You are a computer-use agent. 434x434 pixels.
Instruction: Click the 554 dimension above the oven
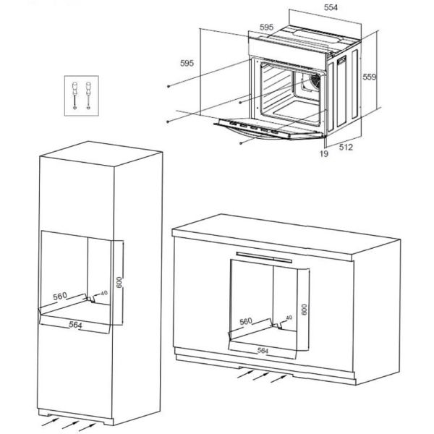331,7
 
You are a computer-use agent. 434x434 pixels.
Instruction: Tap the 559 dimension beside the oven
370,77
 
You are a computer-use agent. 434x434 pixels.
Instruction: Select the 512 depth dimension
346,147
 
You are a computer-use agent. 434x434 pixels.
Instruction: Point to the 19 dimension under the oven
324,153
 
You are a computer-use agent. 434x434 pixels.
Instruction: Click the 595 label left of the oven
187,63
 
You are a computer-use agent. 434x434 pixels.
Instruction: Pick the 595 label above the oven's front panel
266,27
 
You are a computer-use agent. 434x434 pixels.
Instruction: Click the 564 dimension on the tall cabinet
75,325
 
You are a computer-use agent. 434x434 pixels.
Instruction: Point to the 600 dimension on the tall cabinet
119,282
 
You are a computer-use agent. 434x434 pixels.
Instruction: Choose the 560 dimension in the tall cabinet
60,296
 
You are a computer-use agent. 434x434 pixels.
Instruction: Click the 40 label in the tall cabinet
104,293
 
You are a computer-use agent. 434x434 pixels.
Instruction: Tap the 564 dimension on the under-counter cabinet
263,351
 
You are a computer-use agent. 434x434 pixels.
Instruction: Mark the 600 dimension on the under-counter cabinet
305,310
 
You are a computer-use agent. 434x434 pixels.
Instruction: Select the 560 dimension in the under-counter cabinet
246,321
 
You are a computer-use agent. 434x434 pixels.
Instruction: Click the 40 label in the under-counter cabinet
289,318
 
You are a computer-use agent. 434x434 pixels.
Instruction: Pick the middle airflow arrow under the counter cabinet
260,376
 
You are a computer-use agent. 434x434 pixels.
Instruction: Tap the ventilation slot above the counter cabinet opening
264,257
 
